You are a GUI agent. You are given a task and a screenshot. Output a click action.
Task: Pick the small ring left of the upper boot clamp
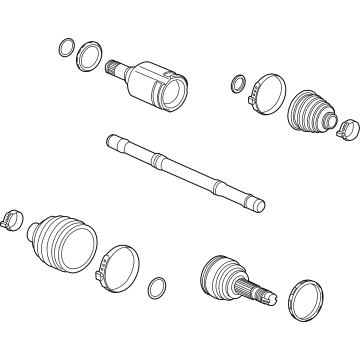click(x=238, y=84)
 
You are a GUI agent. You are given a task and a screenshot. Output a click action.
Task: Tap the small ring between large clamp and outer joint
click(x=157, y=288)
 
